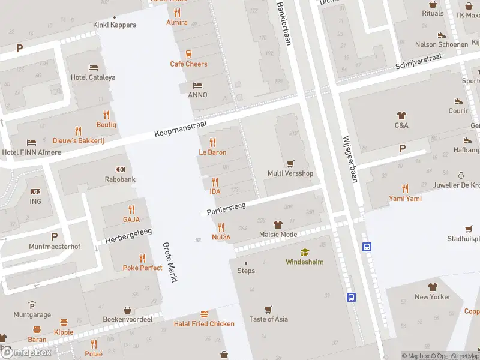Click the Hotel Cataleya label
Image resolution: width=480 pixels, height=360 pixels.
click(x=93, y=77)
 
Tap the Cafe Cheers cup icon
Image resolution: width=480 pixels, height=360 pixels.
click(x=189, y=53)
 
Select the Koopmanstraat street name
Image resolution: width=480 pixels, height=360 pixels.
click(x=180, y=127)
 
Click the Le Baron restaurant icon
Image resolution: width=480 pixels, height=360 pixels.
click(x=212, y=142)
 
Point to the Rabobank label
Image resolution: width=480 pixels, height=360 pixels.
click(x=119, y=179)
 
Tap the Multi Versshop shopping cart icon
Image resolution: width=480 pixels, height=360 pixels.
click(x=290, y=163)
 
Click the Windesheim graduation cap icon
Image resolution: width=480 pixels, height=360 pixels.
click(x=305, y=252)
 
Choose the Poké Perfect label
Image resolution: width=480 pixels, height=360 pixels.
click(x=142, y=268)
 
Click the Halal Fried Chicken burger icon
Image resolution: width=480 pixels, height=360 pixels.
click(x=204, y=314)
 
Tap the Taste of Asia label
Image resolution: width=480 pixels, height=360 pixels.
click(x=268, y=319)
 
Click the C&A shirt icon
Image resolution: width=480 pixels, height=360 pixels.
click(x=401, y=115)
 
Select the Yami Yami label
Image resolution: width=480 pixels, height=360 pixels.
click(x=405, y=199)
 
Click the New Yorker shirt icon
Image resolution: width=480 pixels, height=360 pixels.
click(x=432, y=287)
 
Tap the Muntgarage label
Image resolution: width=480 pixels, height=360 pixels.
click(x=32, y=314)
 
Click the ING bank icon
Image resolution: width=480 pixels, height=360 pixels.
click(x=35, y=191)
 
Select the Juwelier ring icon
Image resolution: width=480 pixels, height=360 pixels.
click(x=461, y=175)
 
